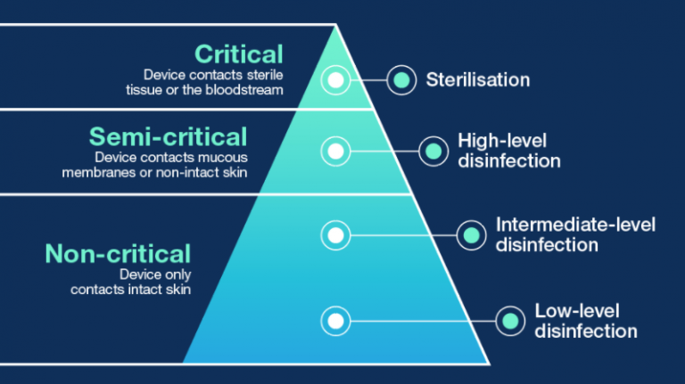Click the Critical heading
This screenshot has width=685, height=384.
click(239, 54)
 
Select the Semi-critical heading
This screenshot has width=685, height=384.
click(169, 136)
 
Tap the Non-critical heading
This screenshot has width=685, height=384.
click(118, 254)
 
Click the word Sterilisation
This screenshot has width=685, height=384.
click(478, 80)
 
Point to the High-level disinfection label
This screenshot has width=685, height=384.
click(509, 151)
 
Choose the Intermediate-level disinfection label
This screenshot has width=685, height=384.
click(575, 234)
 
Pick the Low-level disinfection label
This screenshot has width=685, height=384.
click(585, 321)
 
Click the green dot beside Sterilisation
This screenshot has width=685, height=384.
click(401, 80)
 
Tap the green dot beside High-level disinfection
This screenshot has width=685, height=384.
click(433, 151)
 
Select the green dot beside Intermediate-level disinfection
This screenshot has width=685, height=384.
click(471, 235)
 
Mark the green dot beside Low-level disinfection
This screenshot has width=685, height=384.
click(510, 321)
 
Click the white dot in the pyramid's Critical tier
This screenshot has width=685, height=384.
click(335, 80)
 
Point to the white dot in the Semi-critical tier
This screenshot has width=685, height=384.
click(335, 151)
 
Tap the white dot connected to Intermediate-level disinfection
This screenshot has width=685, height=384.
click(335, 235)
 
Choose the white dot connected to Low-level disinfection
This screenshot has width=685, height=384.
click(335, 321)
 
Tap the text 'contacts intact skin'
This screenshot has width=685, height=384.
click(130, 290)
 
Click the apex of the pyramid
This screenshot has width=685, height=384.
click(335, 25)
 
